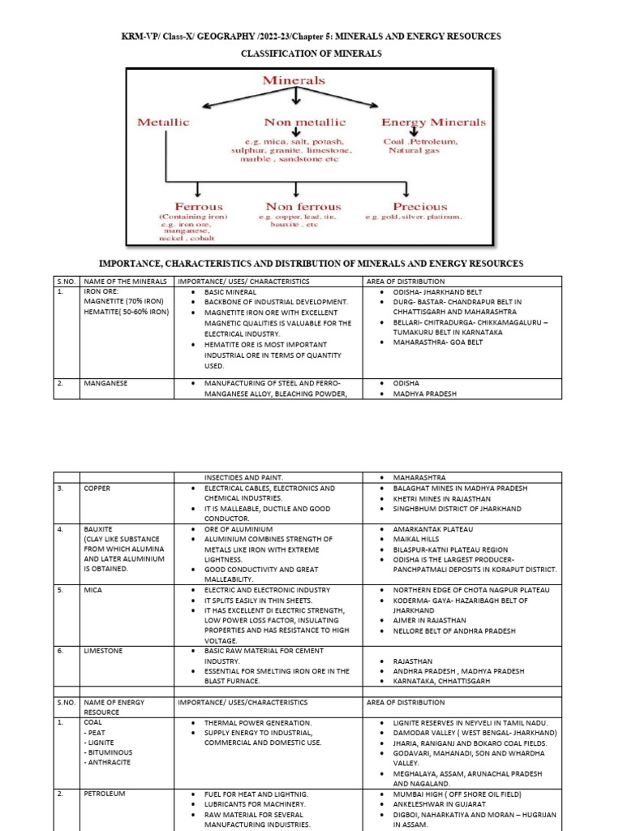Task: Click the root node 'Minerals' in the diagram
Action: [x=293, y=80]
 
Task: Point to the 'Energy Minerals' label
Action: [x=433, y=122]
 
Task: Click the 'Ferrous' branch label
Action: [x=199, y=207]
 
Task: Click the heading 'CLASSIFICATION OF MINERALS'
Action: [x=311, y=54]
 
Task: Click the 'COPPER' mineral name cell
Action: [x=97, y=489]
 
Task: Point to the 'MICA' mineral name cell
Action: [x=92, y=590]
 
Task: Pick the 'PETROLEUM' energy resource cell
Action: [x=105, y=793]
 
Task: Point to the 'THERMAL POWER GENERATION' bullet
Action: [x=258, y=722]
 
